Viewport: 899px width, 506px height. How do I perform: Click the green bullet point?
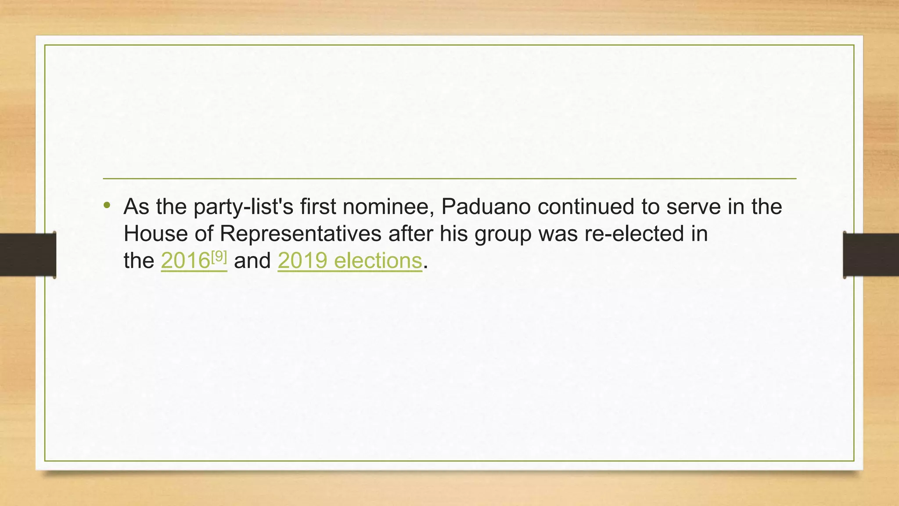(107, 205)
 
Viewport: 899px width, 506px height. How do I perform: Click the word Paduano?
(486, 206)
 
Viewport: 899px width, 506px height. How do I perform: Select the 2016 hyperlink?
(185, 261)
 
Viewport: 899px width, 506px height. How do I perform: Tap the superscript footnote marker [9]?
(219, 257)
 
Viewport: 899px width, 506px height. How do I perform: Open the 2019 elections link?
(349, 261)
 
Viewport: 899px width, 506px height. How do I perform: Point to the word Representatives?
(300, 234)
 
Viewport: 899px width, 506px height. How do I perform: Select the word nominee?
(388, 206)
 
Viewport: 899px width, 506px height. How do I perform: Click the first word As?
(137, 206)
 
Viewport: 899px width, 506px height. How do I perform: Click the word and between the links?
(252, 261)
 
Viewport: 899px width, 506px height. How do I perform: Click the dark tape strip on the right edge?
(871, 255)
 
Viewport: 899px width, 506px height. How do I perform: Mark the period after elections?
(425, 267)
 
